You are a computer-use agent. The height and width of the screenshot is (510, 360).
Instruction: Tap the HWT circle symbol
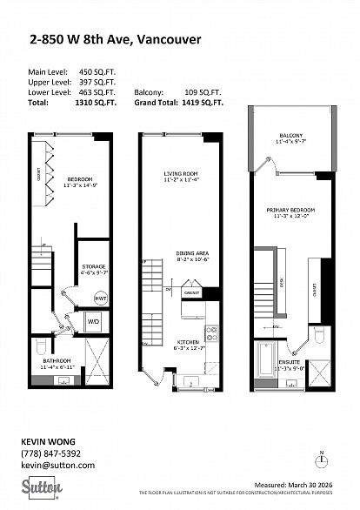pos(101,298)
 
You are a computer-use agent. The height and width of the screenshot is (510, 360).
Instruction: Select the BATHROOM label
pos(57,361)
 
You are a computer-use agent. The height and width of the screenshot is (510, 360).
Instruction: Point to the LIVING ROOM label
pos(181,173)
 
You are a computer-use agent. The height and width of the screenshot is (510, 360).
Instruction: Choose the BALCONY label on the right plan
pos(290,136)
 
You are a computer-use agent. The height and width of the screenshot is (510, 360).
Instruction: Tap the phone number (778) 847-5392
pos(50,453)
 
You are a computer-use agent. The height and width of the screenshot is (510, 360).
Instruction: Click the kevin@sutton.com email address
pos(55,466)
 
